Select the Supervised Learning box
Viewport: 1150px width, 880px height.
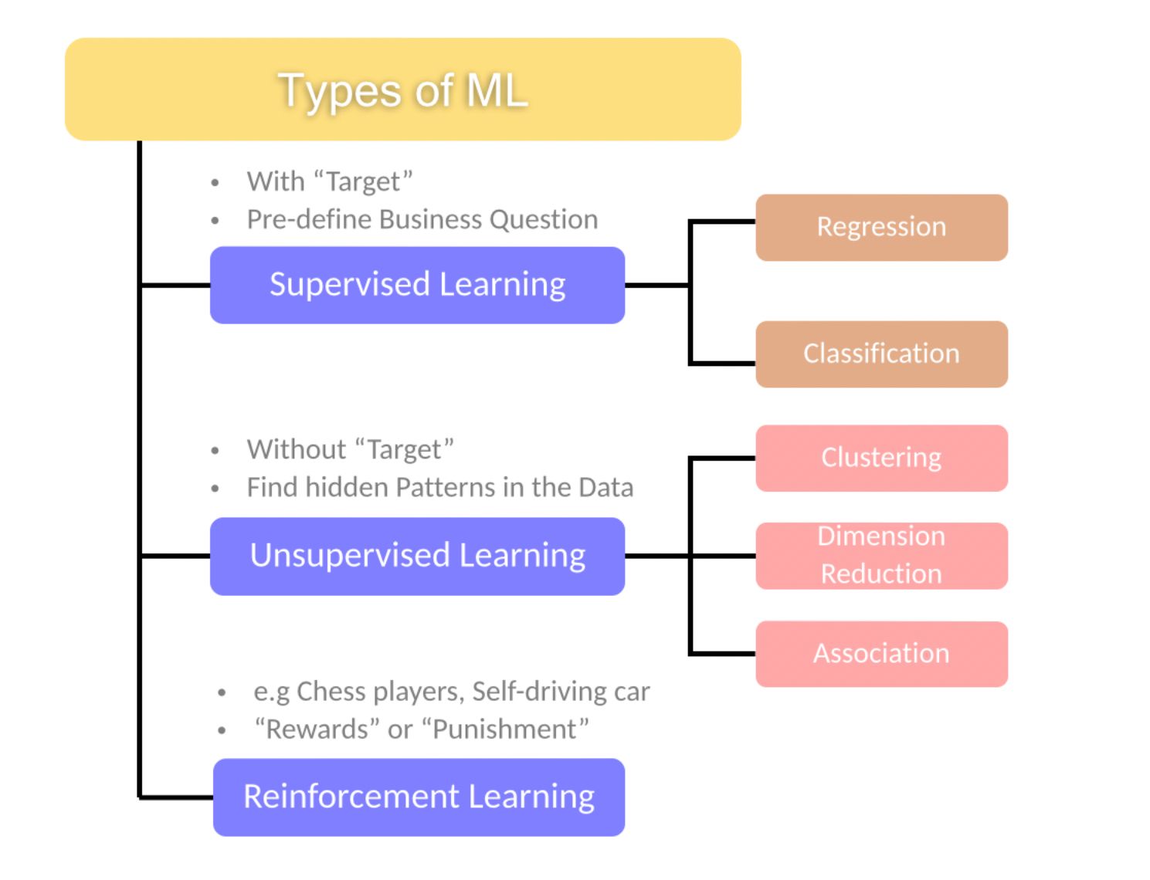tap(417, 285)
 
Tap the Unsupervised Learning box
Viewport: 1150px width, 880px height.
tap(417, 556)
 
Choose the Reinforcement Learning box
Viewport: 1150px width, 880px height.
tap(419, 797)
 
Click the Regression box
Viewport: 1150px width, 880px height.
tap(881, 227)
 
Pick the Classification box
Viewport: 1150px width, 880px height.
tap(881, 354)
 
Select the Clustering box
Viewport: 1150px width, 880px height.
tap(881, 458)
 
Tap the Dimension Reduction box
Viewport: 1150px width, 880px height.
tap(881, 556)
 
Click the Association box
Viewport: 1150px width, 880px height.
tap(881, 654)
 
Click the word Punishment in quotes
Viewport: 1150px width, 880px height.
tap(505, 729)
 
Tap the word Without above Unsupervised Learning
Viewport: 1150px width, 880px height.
tap(296, 449)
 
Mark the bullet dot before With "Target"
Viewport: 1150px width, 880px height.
tap(215, 183)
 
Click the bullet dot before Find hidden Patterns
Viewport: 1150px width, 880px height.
tap(215, 489)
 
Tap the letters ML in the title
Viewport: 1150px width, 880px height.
tap(497, 90)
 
